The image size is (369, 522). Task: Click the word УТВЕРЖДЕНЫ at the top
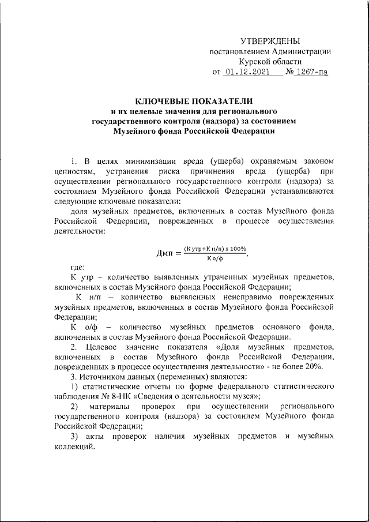[x=270, y=41]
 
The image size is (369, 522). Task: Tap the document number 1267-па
[x=312, y=73]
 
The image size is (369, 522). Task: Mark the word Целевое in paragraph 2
[x=103, y=348]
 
